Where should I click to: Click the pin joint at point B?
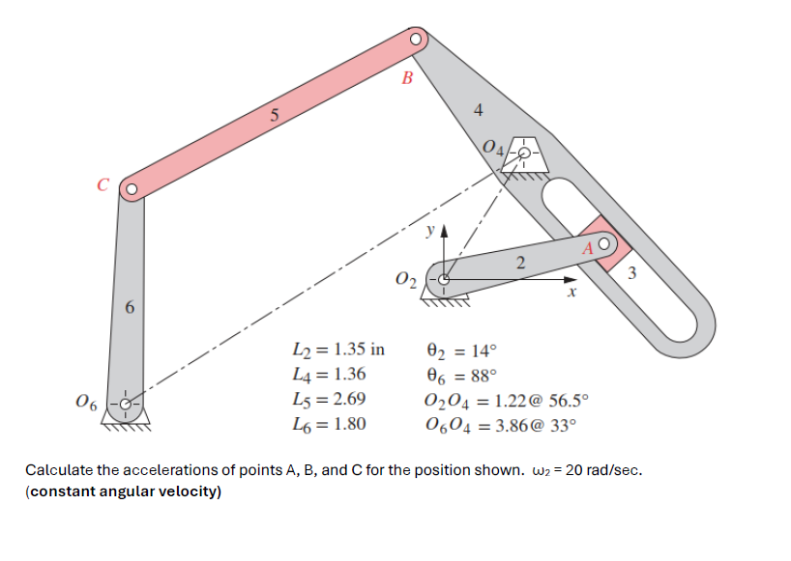[x=416, y=40]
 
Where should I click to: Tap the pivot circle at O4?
[x=524, y=152]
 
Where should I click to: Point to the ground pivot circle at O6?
[x=125, y=404]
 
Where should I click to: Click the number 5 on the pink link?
[x=275, y=117]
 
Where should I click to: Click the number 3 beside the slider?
[x=630, y=274]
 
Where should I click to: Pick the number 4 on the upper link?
[x=478, y=110]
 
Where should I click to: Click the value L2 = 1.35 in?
[x=337, y=350]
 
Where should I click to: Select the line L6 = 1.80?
[x=329, y=422]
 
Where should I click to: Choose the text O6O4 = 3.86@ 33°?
[x=499, y=423]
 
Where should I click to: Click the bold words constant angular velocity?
[x=125, y=491]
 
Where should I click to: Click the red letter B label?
[x=406, y=78]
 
